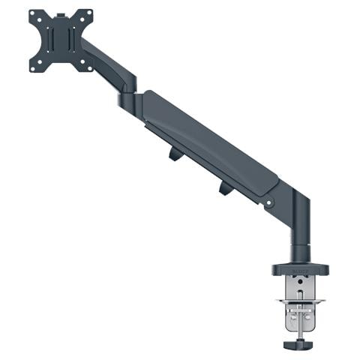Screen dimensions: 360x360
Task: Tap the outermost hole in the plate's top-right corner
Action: pos(88,13)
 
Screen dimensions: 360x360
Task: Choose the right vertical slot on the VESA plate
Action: pos(72,40)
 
